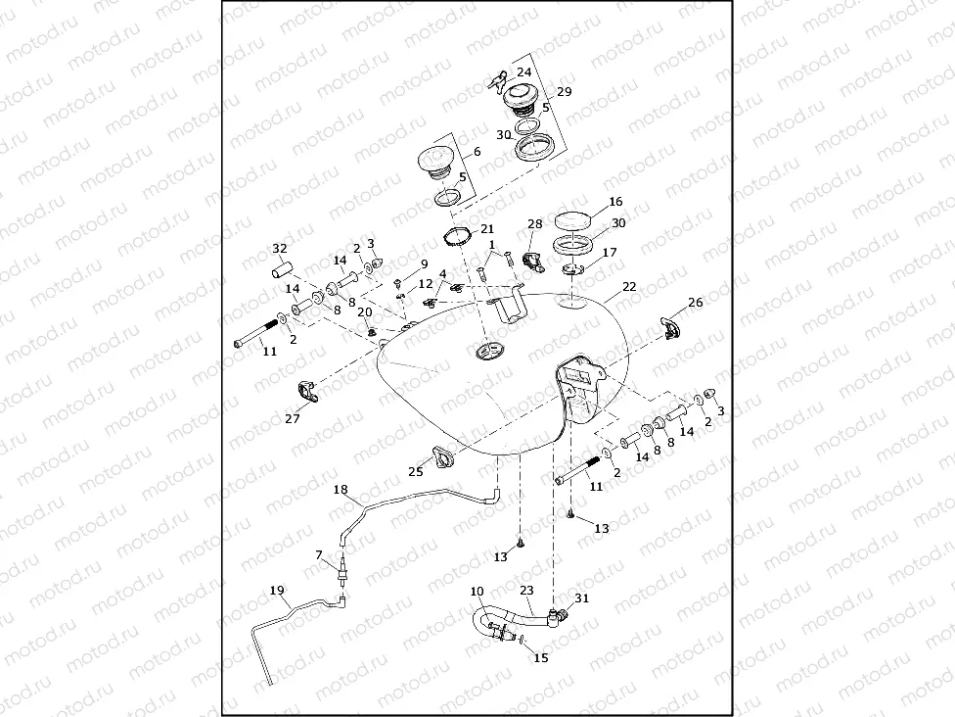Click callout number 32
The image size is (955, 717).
(x=280, y=248)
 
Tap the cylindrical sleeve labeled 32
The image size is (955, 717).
(x=284, y=266)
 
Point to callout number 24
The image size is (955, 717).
(x=524, y=72)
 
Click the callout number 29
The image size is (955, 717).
(x=564, y=91)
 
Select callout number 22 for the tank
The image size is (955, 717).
(x=628, y=286)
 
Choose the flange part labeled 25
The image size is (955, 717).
(x=435, y=457)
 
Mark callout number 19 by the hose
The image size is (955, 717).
(x=277, y=591)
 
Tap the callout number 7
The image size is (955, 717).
(x=319, y=554)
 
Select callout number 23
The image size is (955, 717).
(x=526, y=591)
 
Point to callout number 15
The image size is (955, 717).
(x=541, y=658)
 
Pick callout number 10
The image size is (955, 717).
(x=477, y=592)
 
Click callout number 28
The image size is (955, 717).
(x=534, y=224)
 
